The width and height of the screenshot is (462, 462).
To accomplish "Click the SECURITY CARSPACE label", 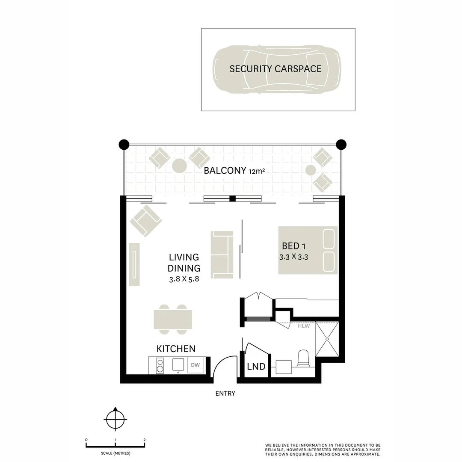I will click(x=275, y=69).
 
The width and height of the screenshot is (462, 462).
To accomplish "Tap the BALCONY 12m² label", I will click(x=233, y=171).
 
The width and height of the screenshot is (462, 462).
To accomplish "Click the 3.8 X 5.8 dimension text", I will click(x=184, y=279).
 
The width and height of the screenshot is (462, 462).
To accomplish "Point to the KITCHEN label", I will click(x=176, y=349).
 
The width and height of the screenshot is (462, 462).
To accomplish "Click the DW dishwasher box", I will click(x=195, y=365).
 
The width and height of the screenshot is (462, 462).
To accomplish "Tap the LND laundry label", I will click(x=256, y=367).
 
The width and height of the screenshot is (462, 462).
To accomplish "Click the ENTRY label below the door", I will click(x=225, y=394).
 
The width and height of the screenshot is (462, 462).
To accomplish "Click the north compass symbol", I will click(x=115, y=419).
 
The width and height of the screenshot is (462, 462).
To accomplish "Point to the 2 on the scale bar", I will click(x=145, y=440).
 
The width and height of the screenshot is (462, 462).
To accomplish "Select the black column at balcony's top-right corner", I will click(x=341, y=144).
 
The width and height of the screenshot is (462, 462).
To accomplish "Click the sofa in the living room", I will click(x=222, y=253).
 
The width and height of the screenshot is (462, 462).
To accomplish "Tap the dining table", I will click(x=173, y=319).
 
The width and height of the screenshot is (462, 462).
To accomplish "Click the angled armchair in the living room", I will click(x=146, y=221).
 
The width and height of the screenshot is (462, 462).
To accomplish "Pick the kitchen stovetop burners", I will click(x=160, y=365).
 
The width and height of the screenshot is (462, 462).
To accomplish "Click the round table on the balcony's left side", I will click(x=179, y=166).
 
